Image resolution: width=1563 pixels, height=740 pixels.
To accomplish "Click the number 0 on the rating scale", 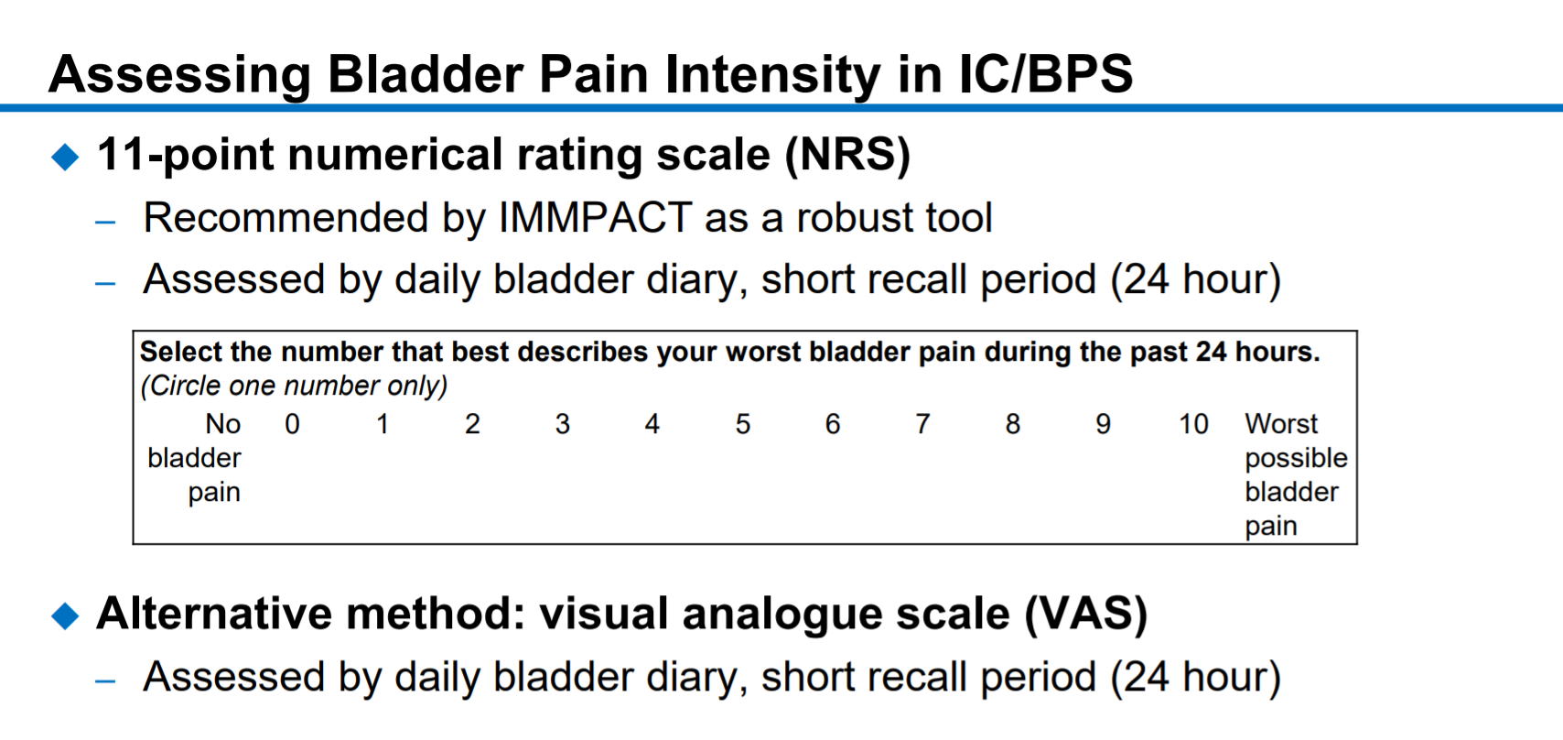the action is point(292,424).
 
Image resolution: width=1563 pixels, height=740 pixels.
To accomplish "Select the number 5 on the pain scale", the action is point(742,424).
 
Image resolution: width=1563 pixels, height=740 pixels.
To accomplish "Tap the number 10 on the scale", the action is point(1193,424).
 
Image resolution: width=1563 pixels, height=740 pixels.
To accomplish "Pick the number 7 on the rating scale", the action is point(922,424).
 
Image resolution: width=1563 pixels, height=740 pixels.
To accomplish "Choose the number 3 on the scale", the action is point(563,424).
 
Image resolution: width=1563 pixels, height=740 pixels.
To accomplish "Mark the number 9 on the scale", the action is point(1103,424).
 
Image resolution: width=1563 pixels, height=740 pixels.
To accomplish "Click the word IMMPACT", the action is point(595,217).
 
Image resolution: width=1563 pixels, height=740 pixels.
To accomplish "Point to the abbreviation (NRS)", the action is point(847,154).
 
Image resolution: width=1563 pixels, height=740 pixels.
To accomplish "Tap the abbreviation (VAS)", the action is point(1085,615).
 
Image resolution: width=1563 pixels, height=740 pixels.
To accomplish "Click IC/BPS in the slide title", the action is point(1046,74).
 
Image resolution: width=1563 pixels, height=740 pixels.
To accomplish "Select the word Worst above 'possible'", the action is point(1281,424).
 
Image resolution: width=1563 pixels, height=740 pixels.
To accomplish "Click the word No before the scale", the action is point(222,424).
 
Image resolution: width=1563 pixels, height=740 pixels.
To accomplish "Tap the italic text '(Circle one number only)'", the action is point(294,386).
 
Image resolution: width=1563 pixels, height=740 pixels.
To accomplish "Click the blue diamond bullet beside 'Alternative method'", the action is point(66,615).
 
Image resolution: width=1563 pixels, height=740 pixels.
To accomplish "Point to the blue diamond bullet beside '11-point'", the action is point(66,157).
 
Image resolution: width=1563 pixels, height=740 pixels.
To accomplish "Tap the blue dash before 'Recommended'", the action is point(105,223).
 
